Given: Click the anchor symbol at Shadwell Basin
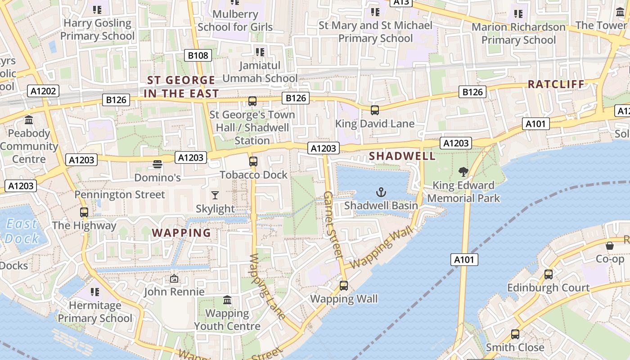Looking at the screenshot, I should (381, 193).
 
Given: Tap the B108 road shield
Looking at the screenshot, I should (198, 55).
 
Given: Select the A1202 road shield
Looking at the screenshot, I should (44, 91).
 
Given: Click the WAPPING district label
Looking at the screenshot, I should (181, 233).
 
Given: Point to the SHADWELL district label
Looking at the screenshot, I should (402, 156).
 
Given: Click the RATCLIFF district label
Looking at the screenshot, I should (556, 84).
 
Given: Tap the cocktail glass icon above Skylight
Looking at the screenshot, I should (215, 195).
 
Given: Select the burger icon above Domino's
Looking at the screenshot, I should (157, 164).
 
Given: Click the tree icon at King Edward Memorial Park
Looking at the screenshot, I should (463, 171).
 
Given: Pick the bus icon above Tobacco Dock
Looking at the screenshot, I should (253, 161).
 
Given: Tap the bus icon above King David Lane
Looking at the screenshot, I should (374, 110).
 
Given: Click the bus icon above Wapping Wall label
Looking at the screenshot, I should (344, 285).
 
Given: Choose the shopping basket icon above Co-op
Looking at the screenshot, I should (610, 246).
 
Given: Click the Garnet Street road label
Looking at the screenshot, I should (333, 225).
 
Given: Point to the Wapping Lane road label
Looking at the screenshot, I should (267, 286).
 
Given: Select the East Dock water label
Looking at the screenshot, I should (22, 231).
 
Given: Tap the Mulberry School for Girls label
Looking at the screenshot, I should (235, 20).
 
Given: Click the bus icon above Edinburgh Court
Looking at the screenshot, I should (548, 274).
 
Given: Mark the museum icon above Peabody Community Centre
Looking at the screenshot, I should (29, 120).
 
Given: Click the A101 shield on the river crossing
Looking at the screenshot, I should (464, 259).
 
